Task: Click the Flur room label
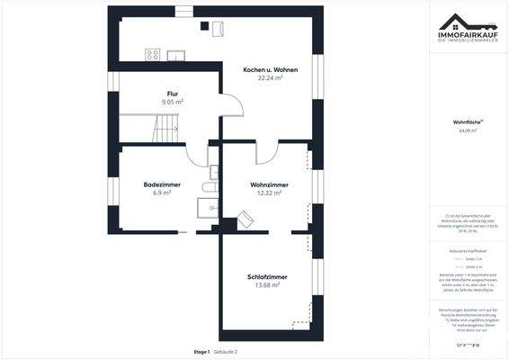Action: [x=172, y=94]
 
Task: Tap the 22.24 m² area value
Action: [x=271, y=78]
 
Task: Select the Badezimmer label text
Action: [x=162, y=184]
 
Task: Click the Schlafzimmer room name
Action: [x=267, y=276]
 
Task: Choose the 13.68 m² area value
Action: [x=267, y=285]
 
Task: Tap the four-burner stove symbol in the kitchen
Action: [x=152, y=55]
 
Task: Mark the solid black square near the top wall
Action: [x=204, y=25]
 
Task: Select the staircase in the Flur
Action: [x=165, y=131]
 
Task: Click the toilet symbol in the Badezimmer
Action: [x=210, y=187]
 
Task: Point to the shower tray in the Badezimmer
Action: [x=207, y=208]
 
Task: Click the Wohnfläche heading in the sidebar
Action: [x=467, y=121]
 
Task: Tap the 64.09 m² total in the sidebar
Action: [x=467, y=130]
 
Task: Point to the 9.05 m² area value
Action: [x=172, y=103]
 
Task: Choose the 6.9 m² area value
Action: [x=162, y=193]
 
